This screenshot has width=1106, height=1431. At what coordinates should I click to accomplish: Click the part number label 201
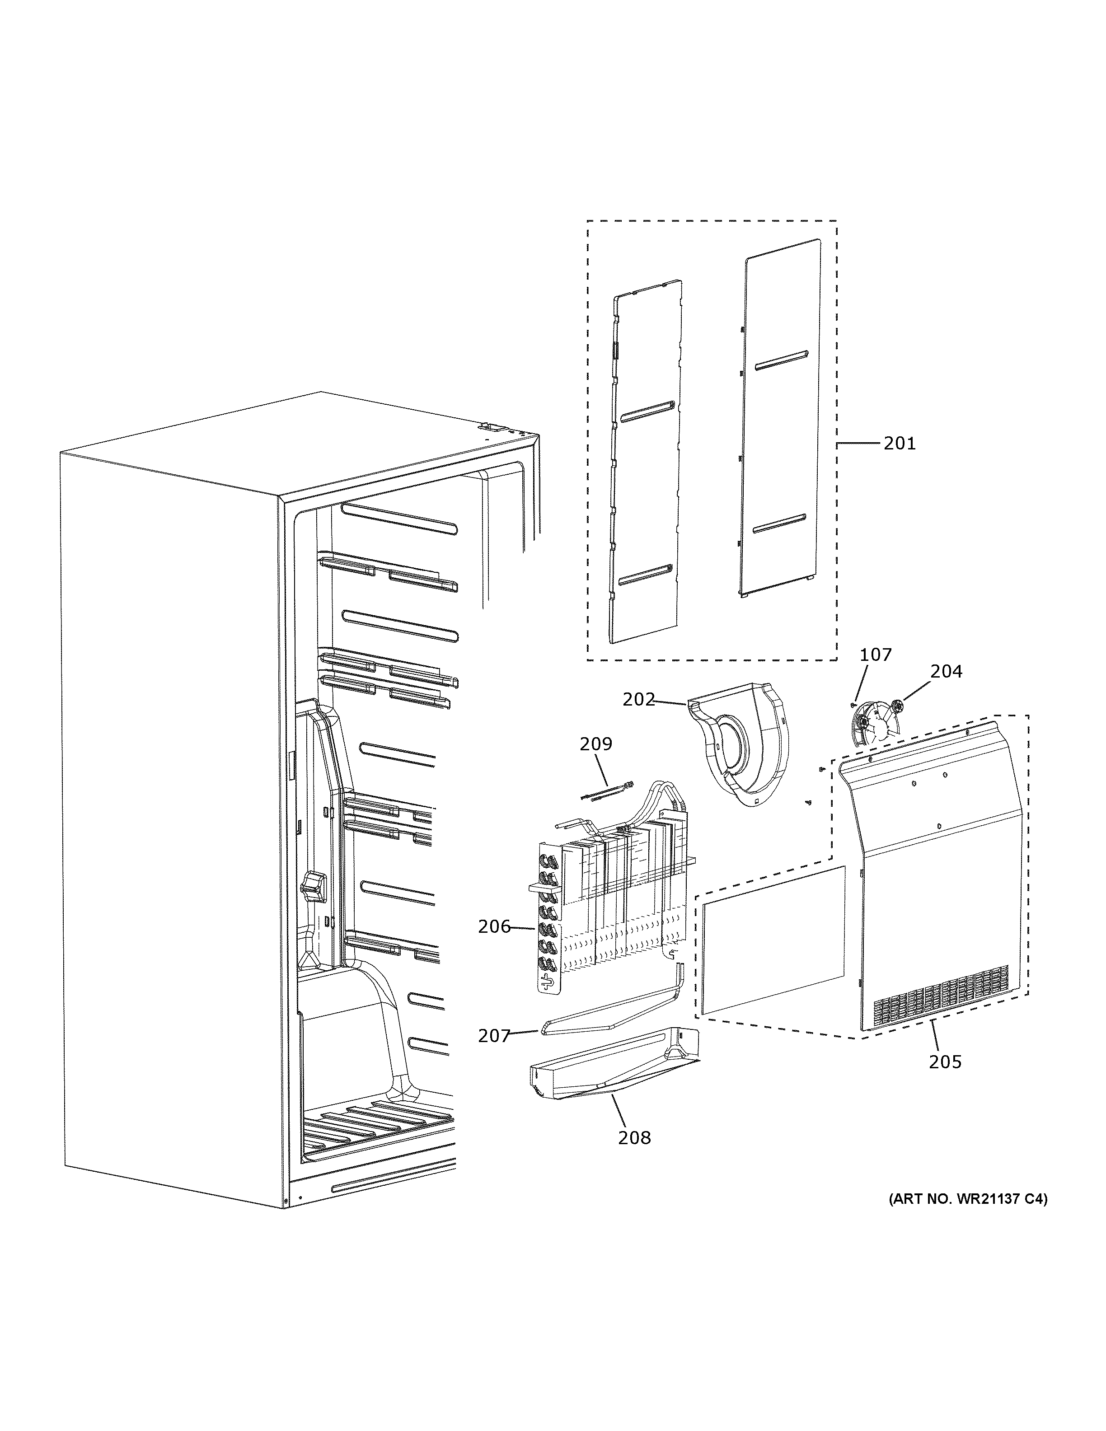[899, 444]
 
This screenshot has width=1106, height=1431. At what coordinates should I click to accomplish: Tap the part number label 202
[638, 700]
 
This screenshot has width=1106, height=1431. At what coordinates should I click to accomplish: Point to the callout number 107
[876, 655]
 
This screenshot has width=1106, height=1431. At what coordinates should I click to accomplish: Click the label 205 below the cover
[945, 1062]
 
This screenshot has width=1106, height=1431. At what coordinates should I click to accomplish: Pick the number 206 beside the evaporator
[494, 926]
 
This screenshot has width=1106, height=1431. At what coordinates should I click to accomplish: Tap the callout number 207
[494, 1036]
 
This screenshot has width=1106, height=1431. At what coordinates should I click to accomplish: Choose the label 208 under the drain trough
[634, 1137]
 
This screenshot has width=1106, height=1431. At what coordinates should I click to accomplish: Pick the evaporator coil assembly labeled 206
[616, 904]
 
